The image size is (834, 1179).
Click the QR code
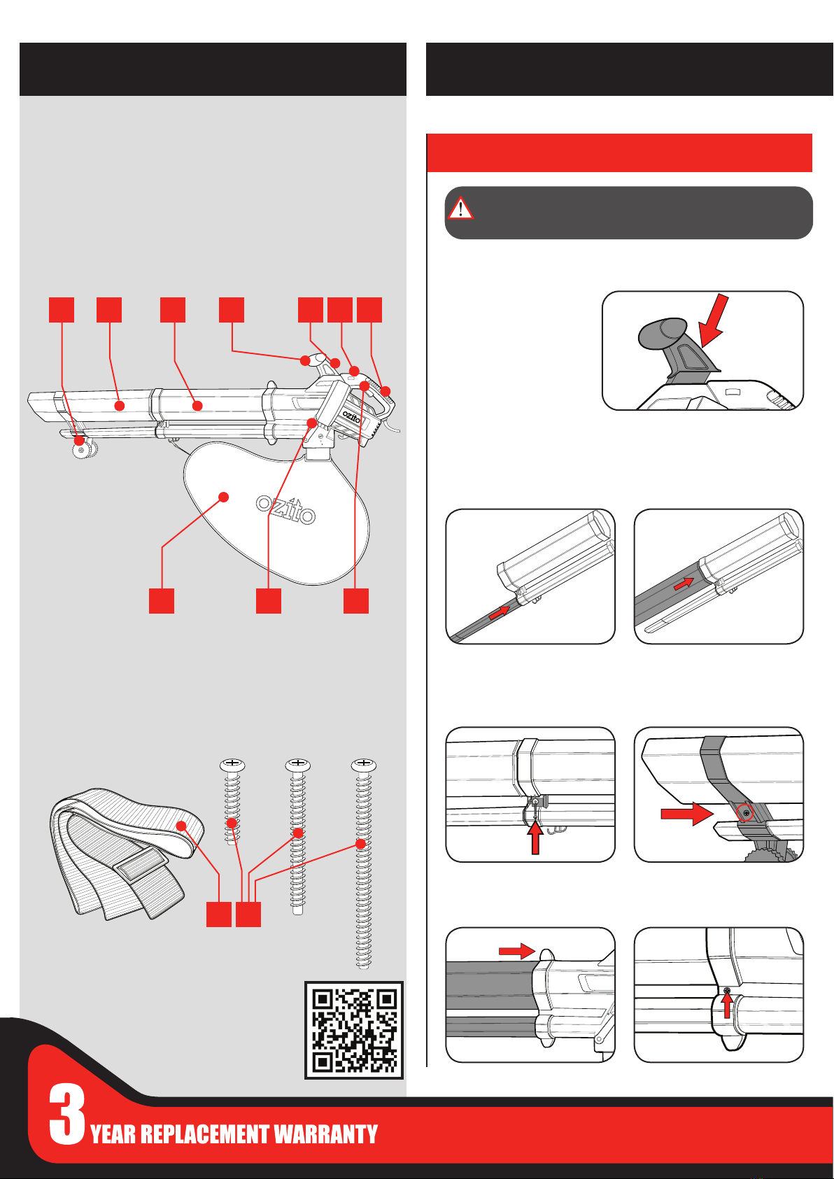355,1030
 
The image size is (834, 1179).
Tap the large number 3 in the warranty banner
66,1115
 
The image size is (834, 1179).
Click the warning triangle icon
460,209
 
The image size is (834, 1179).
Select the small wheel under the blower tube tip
83,451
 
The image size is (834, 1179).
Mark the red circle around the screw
746,812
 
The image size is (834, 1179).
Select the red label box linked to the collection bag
162,601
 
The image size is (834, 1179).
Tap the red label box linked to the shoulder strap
219,915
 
